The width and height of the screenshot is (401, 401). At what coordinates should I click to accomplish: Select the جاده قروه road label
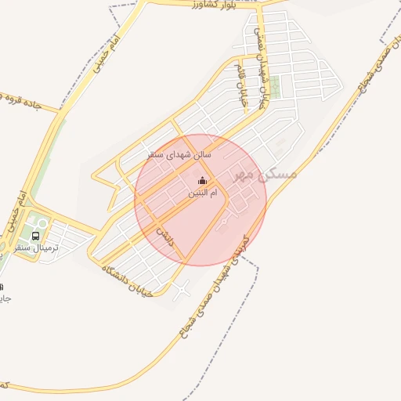pos(27,102)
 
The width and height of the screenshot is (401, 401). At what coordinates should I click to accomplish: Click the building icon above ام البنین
pos(204,182)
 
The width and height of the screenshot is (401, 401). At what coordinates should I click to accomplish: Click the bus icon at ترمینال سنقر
pos(36,236)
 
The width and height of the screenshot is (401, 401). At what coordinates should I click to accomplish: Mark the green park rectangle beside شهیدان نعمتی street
pos(276,86)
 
